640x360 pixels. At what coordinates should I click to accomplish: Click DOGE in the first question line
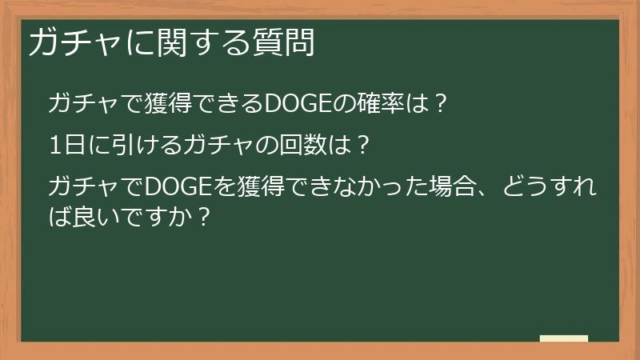(x=292, y=103)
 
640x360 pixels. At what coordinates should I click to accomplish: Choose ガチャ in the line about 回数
(x=218, y=145)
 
